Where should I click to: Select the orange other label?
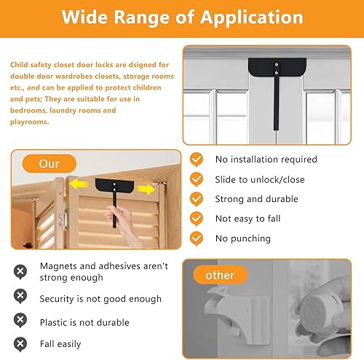point(220,275)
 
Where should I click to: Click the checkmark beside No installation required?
point(197,159)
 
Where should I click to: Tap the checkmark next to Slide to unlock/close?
point(197,179)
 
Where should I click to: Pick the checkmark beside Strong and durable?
point(197,199)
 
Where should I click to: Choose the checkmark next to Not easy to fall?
point(197,219)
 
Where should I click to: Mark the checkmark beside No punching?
point(197,238)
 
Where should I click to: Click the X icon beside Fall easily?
point(20,343)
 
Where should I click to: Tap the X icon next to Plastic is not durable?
point(20,322)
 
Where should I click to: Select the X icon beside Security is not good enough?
point(20,298)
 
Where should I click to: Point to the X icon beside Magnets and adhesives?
point(20,271)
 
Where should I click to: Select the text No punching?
point(242,238)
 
